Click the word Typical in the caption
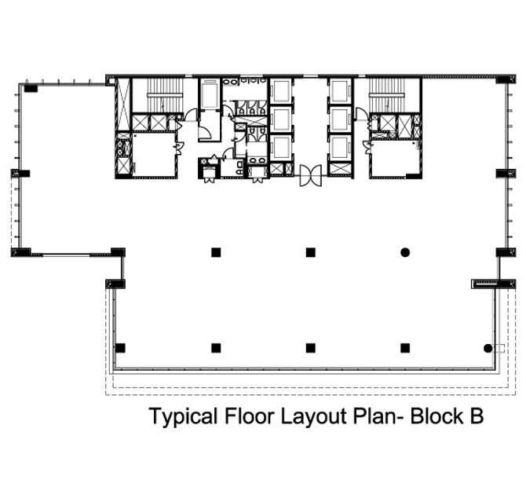tap(183, 417)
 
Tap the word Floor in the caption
tap(249, 416)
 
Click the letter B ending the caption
tap(477, 416)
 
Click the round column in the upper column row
tap(405, 252)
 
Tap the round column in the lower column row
tap(488, 348)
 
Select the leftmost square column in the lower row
tap(120, 348)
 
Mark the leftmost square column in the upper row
tap(216, 252)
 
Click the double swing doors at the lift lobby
tap(311, 175)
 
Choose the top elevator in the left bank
tap(281, 91)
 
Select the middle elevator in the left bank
tap(281, 120)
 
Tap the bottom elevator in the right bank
tap(340, 148)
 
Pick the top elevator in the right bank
tap(340, 91)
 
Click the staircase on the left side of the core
tap(166, 95)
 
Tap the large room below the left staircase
tap(154, 154)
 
